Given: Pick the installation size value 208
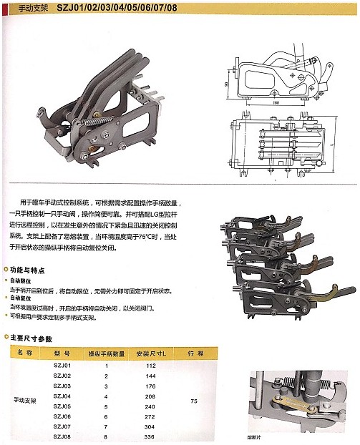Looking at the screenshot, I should coord(150,396).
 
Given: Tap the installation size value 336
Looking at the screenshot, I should coord(150,435).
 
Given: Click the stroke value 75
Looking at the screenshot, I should coord(194,401).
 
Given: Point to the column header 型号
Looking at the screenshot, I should coord(62,353).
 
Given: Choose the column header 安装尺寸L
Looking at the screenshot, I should coord(150,353).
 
